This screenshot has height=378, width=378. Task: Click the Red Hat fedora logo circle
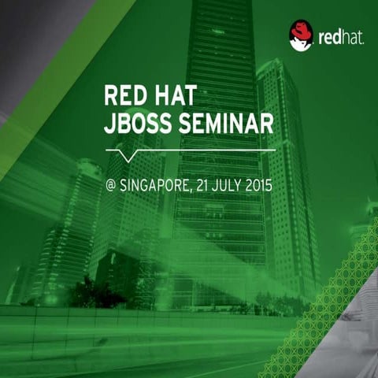point(302,35)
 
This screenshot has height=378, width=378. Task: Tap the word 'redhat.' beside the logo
point(340,37)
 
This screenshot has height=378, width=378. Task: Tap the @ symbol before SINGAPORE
point(110,187)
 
